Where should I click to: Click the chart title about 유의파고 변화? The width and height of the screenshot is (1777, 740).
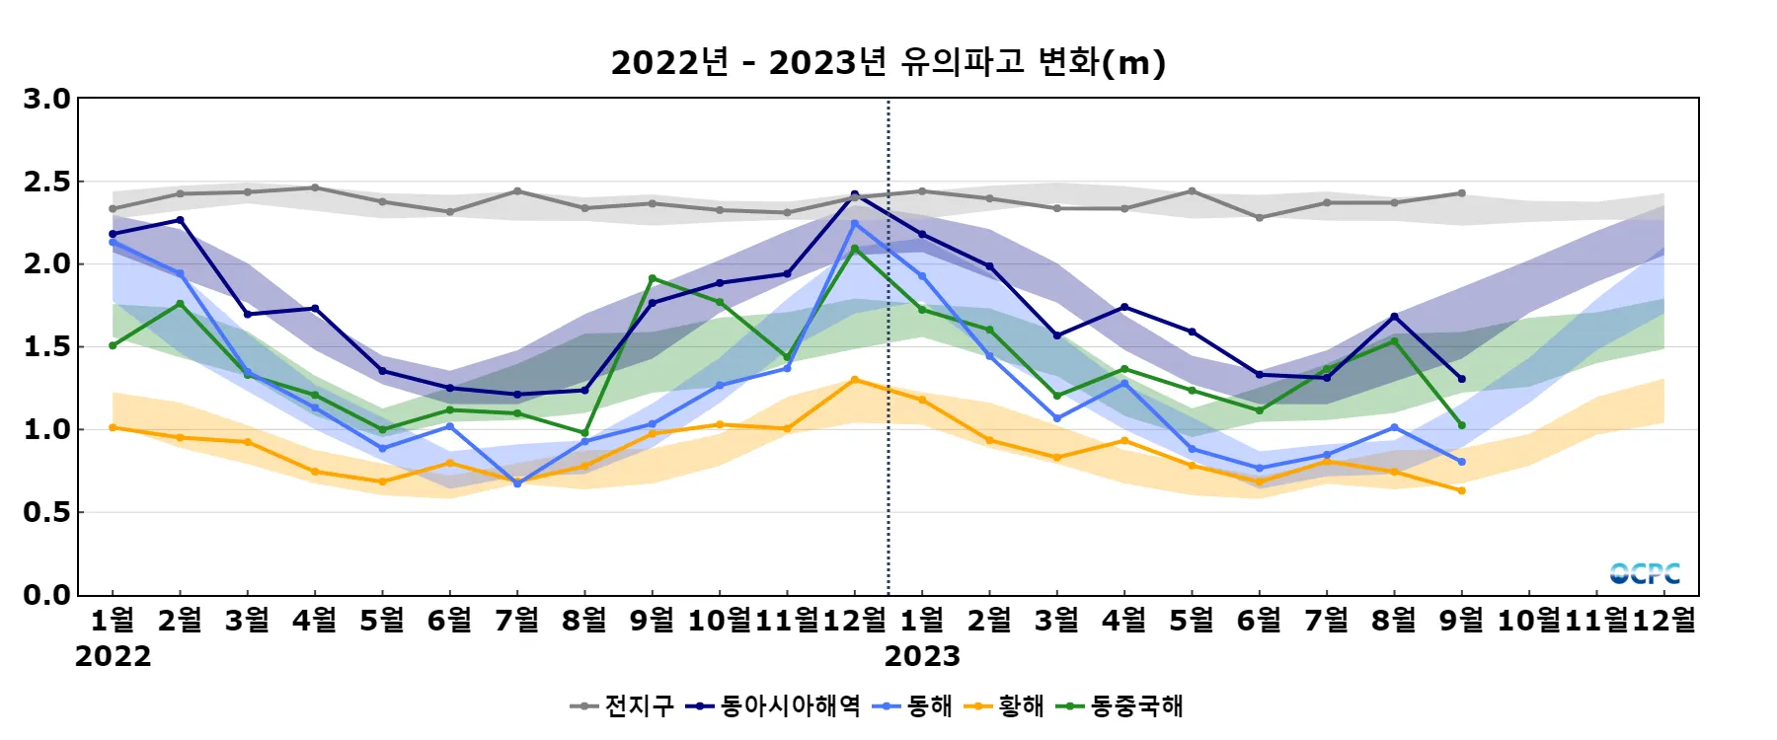(x=888, y=62)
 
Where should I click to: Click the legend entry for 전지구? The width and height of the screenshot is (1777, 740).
(x=623, y=705)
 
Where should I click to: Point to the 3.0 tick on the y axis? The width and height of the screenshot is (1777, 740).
(x=47, y=99)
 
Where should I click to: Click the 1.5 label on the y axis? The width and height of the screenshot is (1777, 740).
(x=47, y=346)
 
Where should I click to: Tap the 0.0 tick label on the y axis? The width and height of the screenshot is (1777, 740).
(x=47, y=595)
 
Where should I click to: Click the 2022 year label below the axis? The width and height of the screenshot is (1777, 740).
(x=113, y=656)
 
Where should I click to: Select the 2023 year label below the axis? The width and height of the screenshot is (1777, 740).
(x=922, y=656)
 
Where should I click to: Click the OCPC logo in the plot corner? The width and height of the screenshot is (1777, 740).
(x=1645, y=573)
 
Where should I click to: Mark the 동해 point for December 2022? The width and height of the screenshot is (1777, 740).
(x=855, y=223)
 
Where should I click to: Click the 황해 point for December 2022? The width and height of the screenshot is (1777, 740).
(x=855, y=380)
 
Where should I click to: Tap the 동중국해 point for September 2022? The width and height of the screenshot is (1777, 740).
(x=653, y=278)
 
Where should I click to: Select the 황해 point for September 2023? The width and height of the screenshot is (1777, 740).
(x=1461, y=490)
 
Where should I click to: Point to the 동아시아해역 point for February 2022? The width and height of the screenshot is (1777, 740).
(x=180, y=220)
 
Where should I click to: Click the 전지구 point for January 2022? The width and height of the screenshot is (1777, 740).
(x=113, y=209)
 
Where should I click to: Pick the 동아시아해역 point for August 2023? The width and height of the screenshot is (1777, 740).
(x=1394, y=317)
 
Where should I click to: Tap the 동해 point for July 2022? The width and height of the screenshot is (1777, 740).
(x=517, y=483)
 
